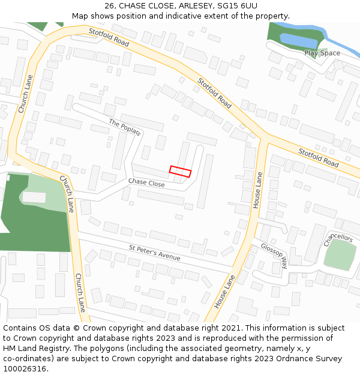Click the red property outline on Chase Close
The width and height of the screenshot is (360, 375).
point(180,172)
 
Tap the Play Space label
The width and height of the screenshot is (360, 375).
point(322,53)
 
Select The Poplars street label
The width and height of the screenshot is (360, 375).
point(125,127)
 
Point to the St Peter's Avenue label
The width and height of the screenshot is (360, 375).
point(154,253)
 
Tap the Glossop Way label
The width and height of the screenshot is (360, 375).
point(274,254)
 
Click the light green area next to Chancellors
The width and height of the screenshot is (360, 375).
point(340,256)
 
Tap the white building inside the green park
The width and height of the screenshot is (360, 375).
point(34,197)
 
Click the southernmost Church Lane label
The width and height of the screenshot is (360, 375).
point(79,292)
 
